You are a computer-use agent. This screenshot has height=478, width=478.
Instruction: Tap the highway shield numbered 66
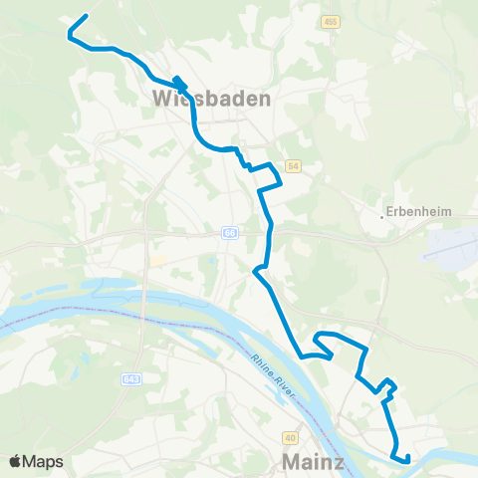[229, 232]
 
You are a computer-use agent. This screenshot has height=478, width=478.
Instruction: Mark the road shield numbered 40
[290, 436]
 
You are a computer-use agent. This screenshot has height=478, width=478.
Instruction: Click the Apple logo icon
[16, 461]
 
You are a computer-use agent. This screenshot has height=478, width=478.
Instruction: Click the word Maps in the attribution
[44, 461]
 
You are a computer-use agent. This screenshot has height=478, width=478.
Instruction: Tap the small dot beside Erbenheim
[383, 212]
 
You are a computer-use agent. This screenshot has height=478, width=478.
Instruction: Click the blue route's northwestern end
[88, 16]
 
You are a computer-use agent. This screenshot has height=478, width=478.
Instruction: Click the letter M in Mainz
[291, 461]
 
